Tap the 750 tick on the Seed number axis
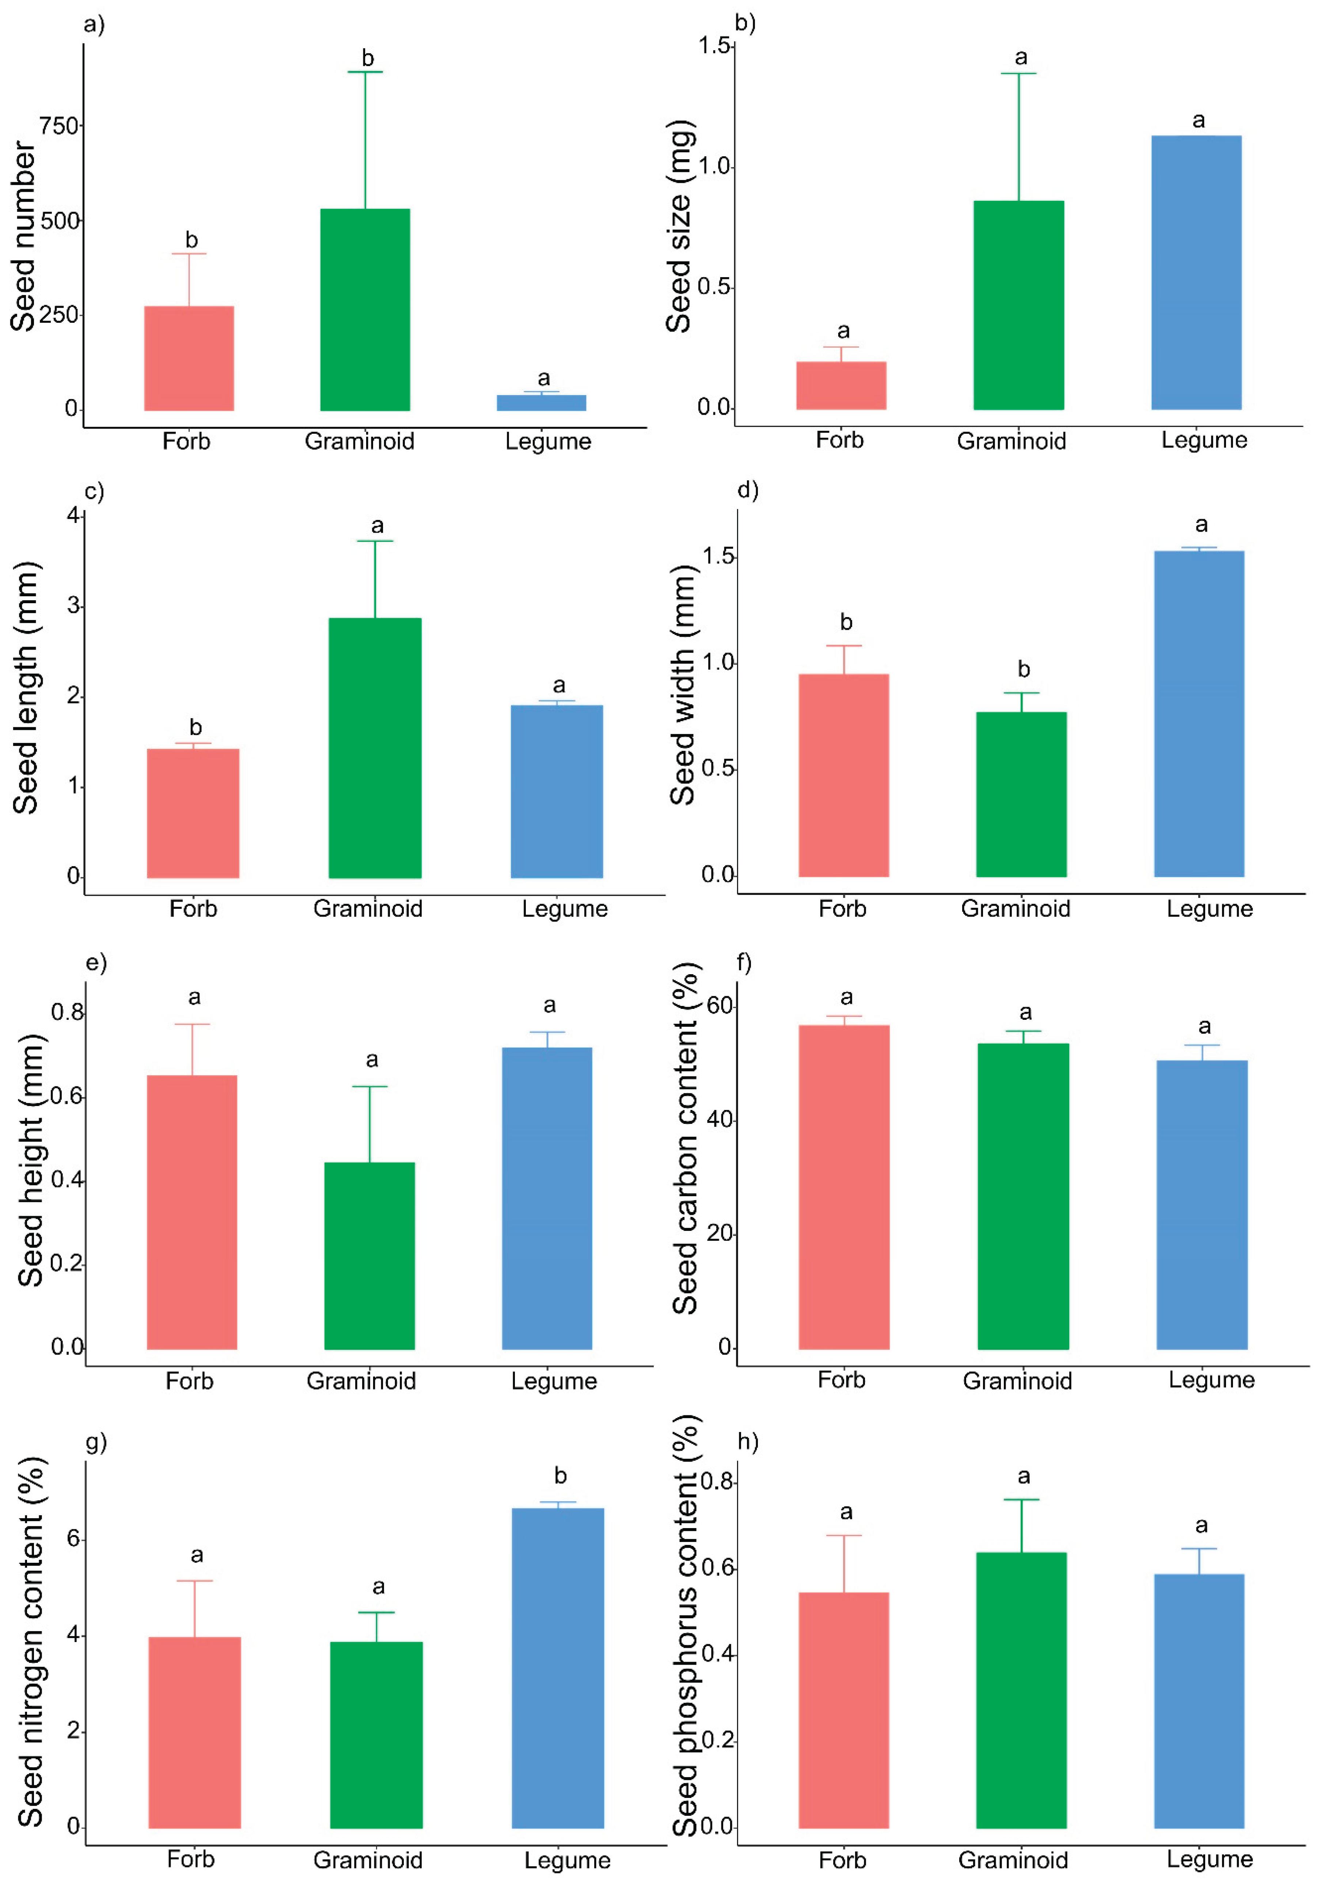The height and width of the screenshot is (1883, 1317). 60,126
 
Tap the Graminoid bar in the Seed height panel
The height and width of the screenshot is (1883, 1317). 369,1255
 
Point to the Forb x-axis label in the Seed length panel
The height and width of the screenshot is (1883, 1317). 193,909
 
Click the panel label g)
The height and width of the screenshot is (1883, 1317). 96,1442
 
